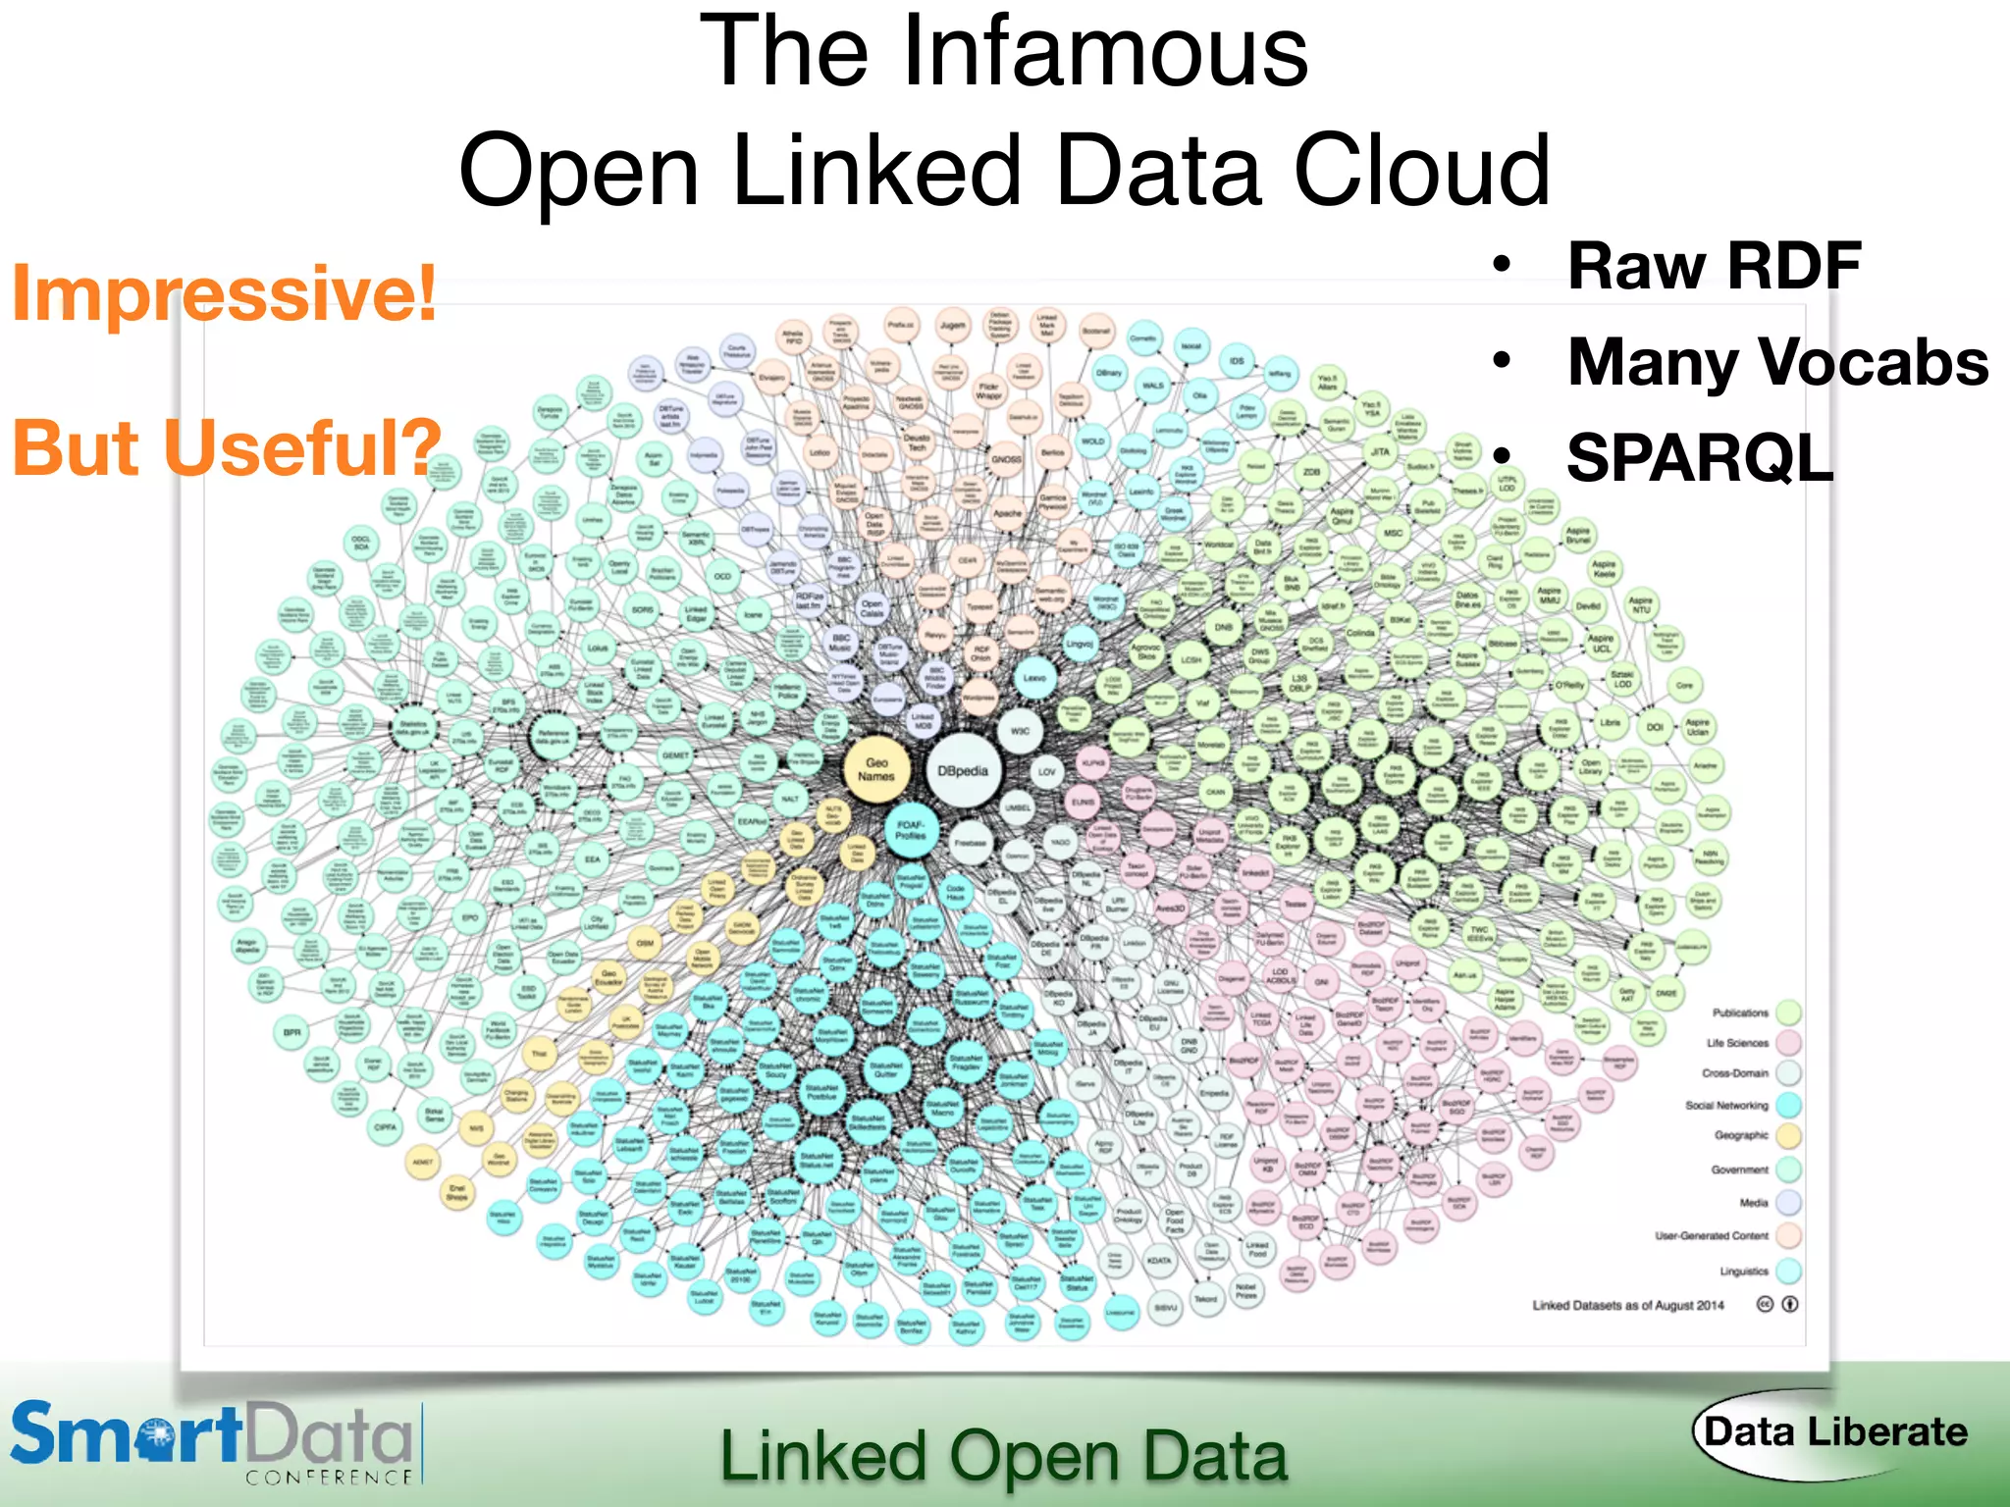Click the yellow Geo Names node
tap(876, 770)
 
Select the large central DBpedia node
tap(963, 771)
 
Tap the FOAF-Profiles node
tap(911, 831)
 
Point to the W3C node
tap(1020, 731)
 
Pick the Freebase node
tap(971, 843)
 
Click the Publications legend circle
tap(1788, 1013)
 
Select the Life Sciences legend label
tap(1737, 1043)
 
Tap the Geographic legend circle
tap(1788, 1136)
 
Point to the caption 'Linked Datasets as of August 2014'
tap(1628, 1306)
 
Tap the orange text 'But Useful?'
tap(227, 447)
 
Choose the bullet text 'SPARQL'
tap(1700, 458)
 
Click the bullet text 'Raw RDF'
tap(1714, 266)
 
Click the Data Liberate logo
tap(1833, 1432)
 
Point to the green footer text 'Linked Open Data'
tap(1003, 1456)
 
